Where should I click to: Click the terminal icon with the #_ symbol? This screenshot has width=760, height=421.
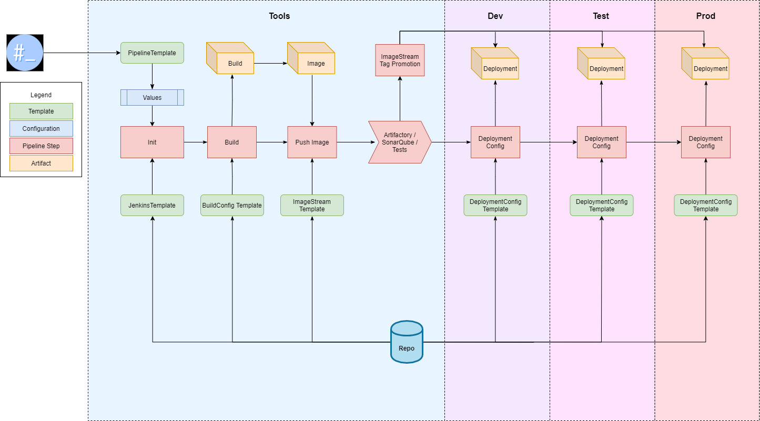(x=25, y=53)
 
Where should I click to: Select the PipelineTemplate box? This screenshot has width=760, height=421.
(x=152, y=53)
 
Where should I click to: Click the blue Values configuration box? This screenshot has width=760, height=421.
(x=152, y=97)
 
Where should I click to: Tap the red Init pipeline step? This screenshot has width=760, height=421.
(x=152, y=142)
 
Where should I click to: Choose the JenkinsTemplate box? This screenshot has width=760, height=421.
(x=152, y=205)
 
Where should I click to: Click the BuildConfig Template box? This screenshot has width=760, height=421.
(x=232, y=205)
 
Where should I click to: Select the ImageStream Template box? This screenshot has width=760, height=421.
(x=312, y=205)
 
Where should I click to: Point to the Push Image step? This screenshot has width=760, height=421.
(x=312, y=142)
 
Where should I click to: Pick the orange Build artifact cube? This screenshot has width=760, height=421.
(x=231, y=63)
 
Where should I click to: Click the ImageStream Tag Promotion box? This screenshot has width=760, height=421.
(x=400, y=60)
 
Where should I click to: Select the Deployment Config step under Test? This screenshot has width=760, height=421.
(x=601, y=142)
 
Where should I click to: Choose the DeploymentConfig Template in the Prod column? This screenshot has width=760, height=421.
(x=706, y=205)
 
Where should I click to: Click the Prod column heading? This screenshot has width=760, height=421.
(x=705, y=16)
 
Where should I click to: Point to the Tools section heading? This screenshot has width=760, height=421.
(x=279, y=16)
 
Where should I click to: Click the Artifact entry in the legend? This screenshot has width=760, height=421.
(x=41, y=163)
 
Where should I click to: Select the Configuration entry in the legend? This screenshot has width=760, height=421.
(x=41, y=129)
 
